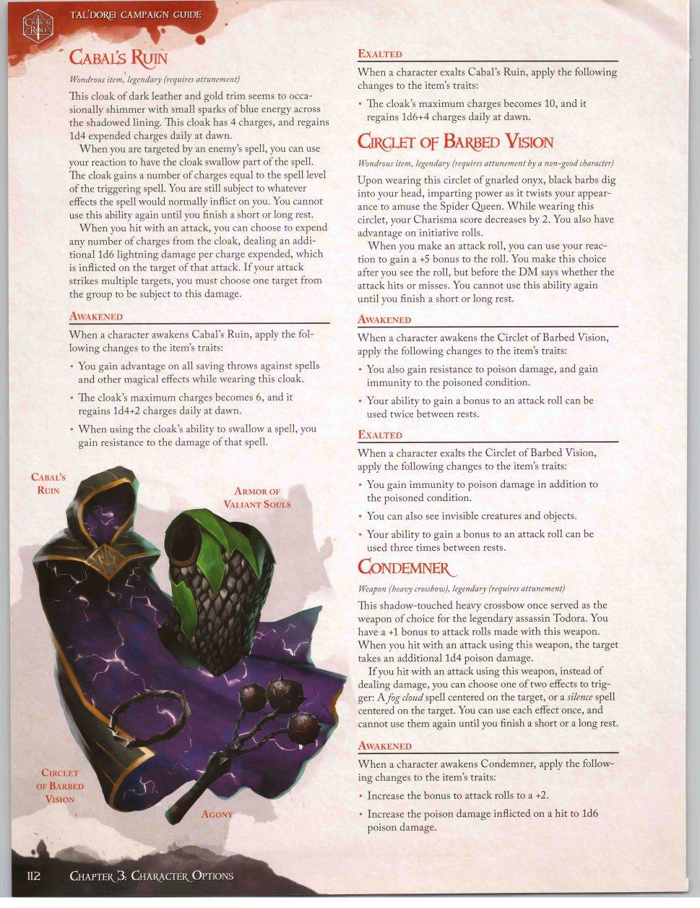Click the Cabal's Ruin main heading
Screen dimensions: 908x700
118,57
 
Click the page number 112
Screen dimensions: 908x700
34,875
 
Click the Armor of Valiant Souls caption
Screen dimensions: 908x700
256,497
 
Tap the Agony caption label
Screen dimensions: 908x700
217,814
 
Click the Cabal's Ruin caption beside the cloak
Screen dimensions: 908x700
48,483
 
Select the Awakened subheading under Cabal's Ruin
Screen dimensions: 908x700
96,316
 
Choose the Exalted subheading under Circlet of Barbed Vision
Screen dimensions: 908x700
380,434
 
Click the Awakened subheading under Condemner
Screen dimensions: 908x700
384,745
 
